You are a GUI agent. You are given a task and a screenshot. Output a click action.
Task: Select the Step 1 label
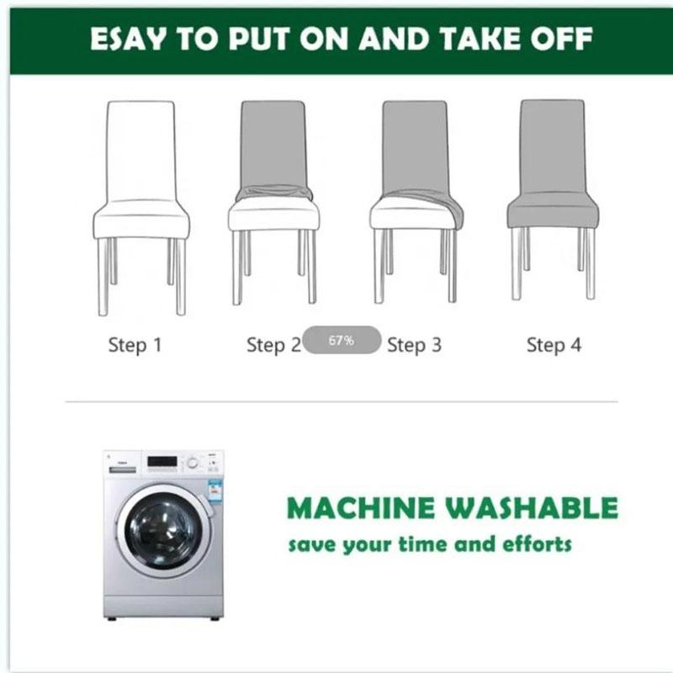tap(135, 345)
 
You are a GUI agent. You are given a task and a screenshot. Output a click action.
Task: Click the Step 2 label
tap(274, 345)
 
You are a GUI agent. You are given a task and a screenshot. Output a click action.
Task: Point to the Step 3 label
tap(414, 345)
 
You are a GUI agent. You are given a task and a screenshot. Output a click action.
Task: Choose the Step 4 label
tap(554, 345)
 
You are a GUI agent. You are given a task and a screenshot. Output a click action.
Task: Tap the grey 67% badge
tap(342, 340)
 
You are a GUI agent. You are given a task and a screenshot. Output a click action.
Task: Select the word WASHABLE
tap(532, 508)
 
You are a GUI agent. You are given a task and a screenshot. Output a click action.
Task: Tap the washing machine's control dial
tap(193, 464)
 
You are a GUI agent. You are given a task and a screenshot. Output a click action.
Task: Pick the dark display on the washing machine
tap(162, 462)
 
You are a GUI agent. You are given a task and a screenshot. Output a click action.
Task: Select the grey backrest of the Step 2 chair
tap(273, 146)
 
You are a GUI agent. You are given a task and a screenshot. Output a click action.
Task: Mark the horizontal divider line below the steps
tap(342, 402)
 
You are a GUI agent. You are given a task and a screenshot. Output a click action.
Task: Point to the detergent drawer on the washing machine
tap(122, 469)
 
